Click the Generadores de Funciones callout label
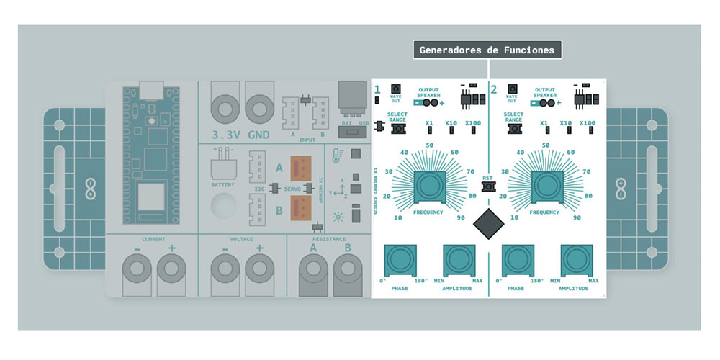click(x=487, y=50)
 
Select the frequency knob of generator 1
click(x=429, y=186)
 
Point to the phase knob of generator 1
click(x=399, y=259)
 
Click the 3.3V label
click(x=225, y=135)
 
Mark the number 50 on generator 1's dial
click(x=430, y=145)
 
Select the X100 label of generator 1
click(x=473, y=123)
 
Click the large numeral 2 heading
click(x=493, y=90)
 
